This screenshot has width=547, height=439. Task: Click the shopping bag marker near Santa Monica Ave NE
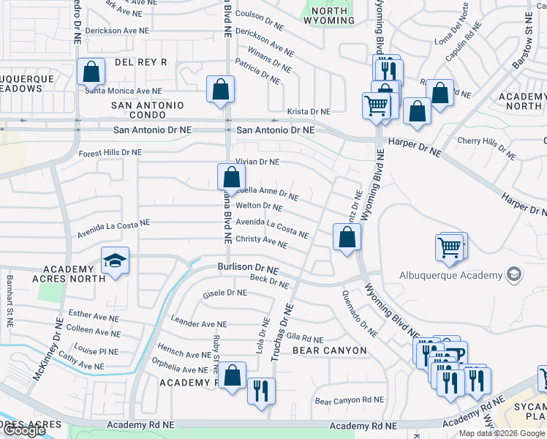91,72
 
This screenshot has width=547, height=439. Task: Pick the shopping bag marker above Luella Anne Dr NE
231,177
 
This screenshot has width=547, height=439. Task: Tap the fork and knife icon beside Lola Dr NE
261,389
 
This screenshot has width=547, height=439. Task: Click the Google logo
23,430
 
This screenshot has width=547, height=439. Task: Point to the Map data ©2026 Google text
502,433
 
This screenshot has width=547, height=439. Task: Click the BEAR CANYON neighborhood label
329,350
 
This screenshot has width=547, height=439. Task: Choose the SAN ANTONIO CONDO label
148,111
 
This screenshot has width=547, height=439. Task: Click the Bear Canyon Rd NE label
349,400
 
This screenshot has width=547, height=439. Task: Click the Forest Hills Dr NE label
110,152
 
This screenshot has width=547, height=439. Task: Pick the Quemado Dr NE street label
359,314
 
